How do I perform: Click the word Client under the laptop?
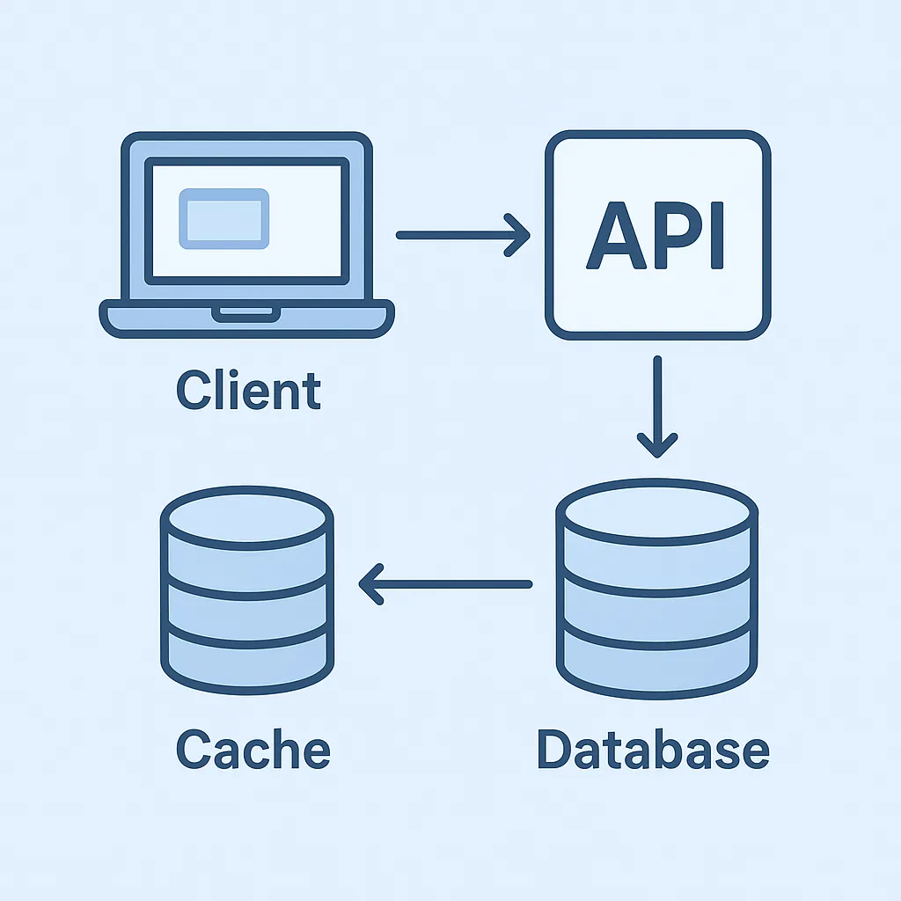tap(249, 391)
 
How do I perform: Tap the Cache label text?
tap(253, 750)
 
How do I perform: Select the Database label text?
tap(653, 750)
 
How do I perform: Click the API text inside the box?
tap(656, 235)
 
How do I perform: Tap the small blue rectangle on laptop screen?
tap(223, 216)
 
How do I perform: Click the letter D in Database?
tap(556, 750)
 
